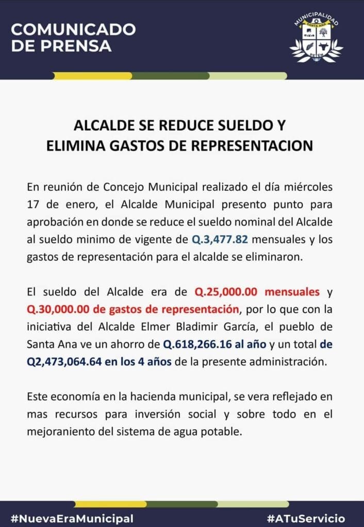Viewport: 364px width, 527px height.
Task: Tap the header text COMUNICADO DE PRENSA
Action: (x=73, y=38)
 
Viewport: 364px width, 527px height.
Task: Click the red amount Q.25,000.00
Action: (x=225, y=292)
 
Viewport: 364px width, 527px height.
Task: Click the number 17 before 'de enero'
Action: (x=34, y=204)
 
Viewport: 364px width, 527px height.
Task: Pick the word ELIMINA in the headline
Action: (x=73, y=146)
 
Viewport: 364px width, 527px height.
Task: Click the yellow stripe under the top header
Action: (x=93, y=76)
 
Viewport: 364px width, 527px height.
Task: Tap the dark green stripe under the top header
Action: (x=170, y=76)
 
